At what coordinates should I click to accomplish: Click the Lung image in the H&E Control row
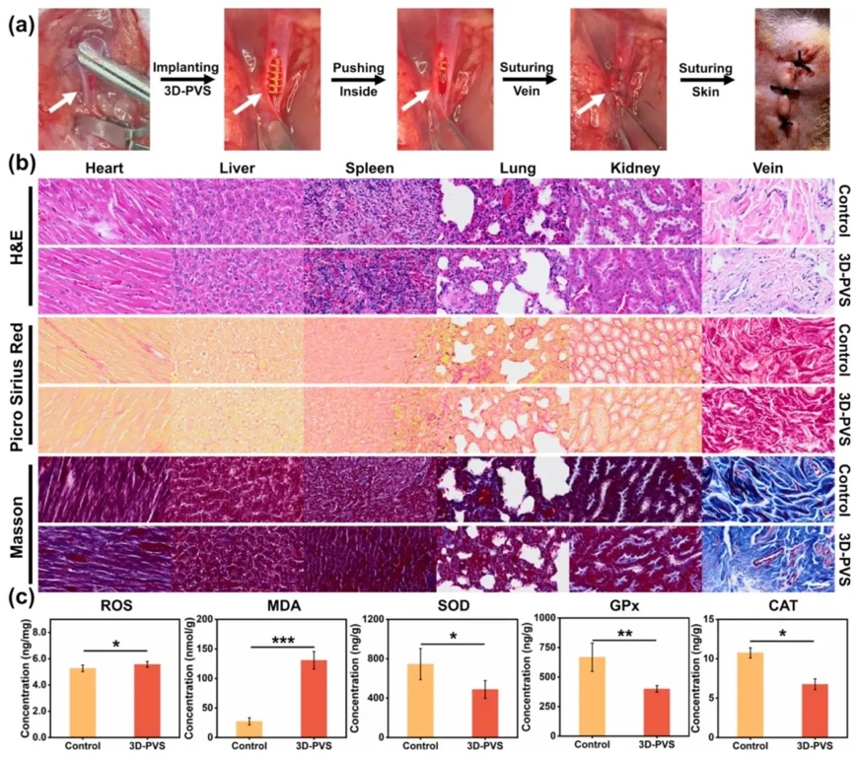[x=503, y=209]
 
